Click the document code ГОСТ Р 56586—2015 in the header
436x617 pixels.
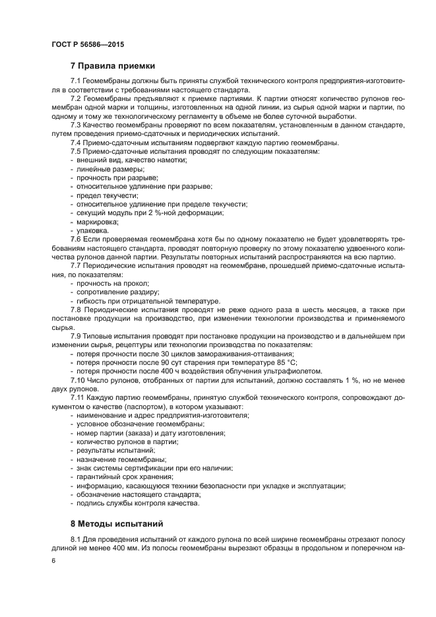point(87,44)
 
